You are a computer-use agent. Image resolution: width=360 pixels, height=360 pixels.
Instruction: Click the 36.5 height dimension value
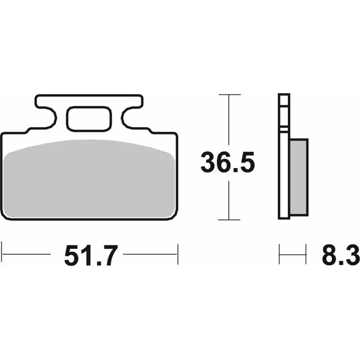pyautogui.click(x=228, y=162)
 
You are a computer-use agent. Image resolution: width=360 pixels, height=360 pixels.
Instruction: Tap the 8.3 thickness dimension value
pyautogui.click(x=340, y=256)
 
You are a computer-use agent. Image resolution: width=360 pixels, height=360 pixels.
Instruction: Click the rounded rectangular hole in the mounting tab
pyautogui.click(x=89, y=118)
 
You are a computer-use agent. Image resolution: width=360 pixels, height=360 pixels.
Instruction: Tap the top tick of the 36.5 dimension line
pyautogui.click(x=229, y=95)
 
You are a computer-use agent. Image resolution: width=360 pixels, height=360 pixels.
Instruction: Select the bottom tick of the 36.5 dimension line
pyautogui.click(x=229, y=220)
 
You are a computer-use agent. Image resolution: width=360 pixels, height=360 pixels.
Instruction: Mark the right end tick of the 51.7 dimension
pyautogui.click(x=178, y=254)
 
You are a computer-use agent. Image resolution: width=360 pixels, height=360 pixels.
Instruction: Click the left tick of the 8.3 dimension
pyautogui.click(x=279, y=255)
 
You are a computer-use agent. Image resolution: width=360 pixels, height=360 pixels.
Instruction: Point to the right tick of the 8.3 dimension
pyautogui.click(x=306, y=255)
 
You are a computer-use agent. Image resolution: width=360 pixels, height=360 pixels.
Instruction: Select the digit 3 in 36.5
pyautogui.click(x=208, y=162)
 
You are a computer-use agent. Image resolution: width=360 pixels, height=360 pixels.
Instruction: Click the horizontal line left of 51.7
pyautogui.click(x=27, y=254)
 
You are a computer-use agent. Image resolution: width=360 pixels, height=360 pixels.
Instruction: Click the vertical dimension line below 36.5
pyautogui.click(x=229, y=200)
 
